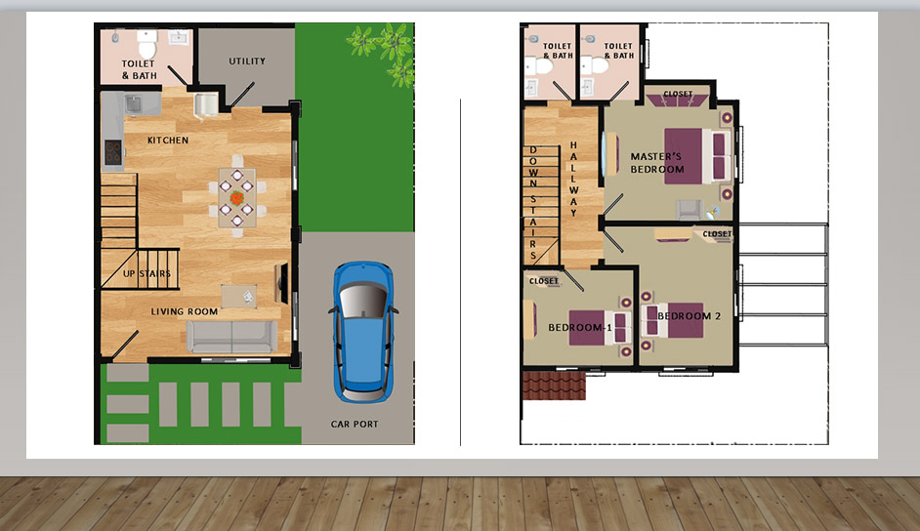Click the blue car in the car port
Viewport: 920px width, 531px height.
pos(363,332)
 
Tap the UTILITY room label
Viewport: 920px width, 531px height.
pos(247,61)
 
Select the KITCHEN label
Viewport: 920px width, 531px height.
pos(168,141)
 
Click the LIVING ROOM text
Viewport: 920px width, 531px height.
pos(185,311)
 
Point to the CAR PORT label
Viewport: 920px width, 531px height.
pos(355,424)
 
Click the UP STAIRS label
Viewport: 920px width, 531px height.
pos(146,273)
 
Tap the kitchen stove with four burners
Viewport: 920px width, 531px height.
pos(113,152)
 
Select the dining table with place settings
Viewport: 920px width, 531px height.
pos(237,197)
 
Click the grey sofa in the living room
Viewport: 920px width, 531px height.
pos(231,337)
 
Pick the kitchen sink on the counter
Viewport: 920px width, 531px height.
pos(133,105)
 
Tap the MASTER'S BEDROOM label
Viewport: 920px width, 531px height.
pos(657,163)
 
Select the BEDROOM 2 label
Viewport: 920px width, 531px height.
pos(689,316)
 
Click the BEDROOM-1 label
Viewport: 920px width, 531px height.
pos(580,328)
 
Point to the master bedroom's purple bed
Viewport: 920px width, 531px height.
pos(697,156)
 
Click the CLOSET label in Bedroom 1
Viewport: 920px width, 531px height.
pos(544,281)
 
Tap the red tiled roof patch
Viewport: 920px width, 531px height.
pos(554,385)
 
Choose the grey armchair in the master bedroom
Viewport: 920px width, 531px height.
pos(689,209)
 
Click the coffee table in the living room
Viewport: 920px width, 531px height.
pos(239,296)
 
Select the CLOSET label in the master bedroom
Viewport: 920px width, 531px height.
pos(678,94)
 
